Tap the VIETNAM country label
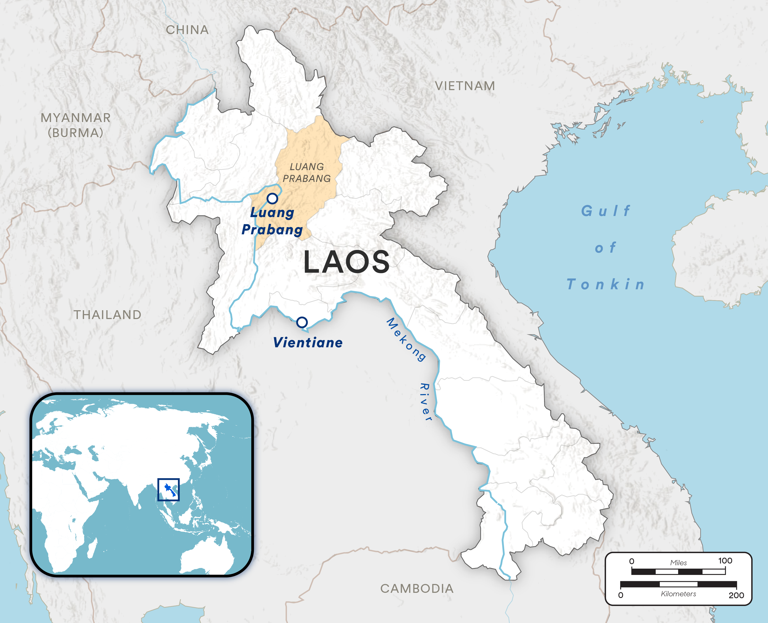(x=465, y=86)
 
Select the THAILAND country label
(x=107, y=315)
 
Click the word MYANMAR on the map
(x=75, y=118)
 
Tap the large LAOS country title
(x=346, y=262)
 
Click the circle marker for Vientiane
(x=302, y=322)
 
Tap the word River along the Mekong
(x=426, y=402)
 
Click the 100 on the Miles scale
(x=725, y=560)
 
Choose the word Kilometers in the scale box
(x=678, y=594)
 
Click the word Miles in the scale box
(x=678, y=563)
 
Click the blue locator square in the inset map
(x=168, y=490)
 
